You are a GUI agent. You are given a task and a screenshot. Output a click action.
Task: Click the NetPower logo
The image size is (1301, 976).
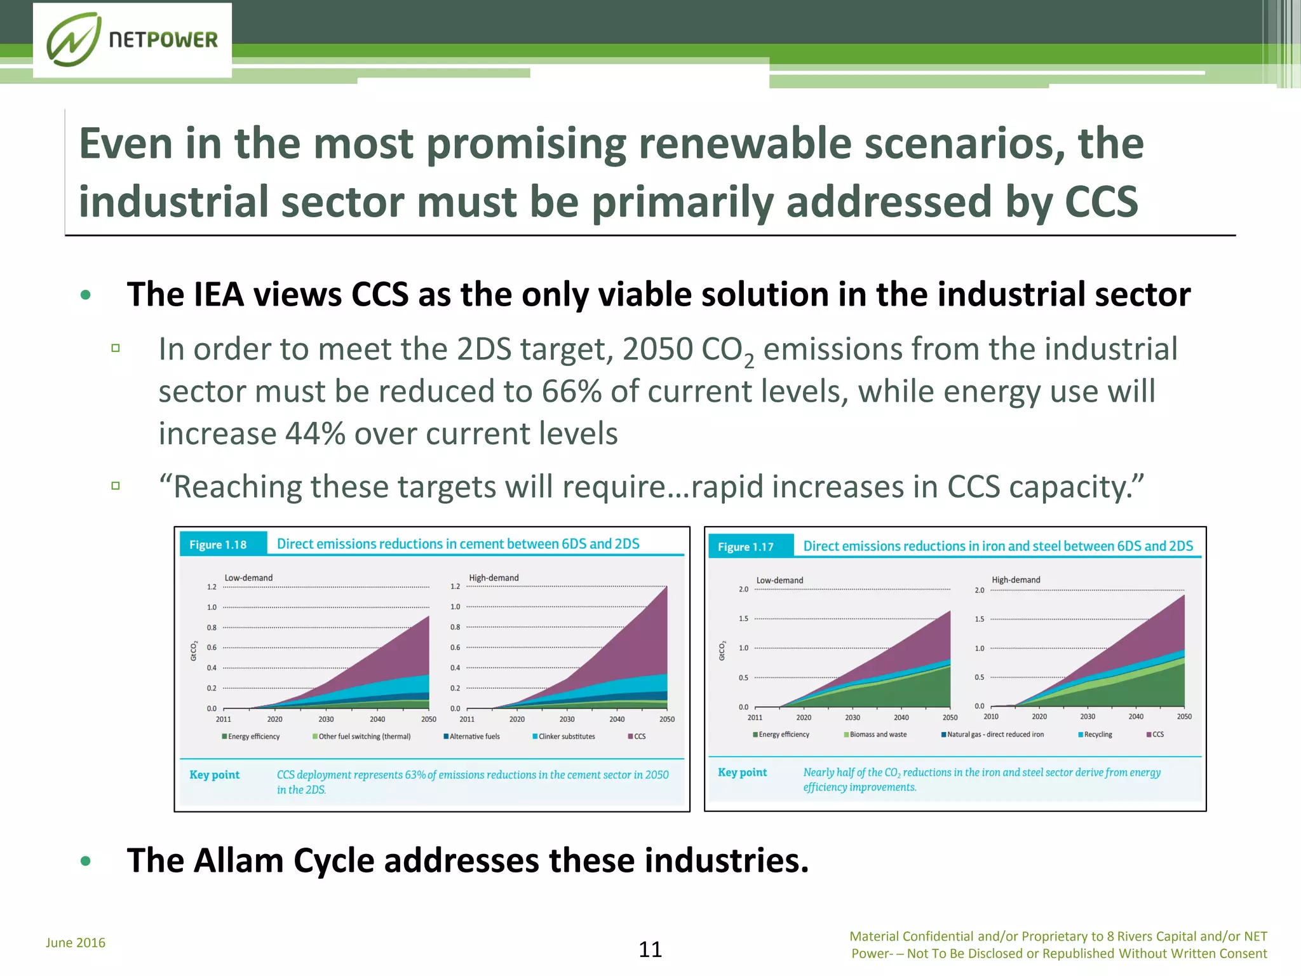(132, 40)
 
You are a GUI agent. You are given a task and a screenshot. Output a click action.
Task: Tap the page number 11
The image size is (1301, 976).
(650, 949)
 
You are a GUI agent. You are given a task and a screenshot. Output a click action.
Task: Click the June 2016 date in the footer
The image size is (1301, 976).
(76, 942)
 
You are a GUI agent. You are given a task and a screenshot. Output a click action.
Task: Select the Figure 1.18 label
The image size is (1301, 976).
(218, 545)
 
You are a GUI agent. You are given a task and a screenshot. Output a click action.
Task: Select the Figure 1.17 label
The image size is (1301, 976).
(746, 546)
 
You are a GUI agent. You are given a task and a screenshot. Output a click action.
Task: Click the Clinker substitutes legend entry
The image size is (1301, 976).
(564, 736)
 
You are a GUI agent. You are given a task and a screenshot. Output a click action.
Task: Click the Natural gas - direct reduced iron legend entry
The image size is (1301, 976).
(992, 735)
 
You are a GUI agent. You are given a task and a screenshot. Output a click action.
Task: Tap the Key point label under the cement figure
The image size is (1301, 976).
(214, 775)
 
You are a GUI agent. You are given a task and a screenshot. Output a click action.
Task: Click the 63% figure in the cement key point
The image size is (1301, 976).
(415, 775)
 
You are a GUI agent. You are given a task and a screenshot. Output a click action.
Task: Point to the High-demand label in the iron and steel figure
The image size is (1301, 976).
(1016, 579)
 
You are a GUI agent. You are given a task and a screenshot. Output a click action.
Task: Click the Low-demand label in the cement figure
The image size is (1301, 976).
(248, 578)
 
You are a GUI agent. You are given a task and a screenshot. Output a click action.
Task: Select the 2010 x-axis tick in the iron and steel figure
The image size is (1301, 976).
(991, 717)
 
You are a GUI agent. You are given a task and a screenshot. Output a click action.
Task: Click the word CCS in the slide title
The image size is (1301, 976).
(1101, 201)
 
